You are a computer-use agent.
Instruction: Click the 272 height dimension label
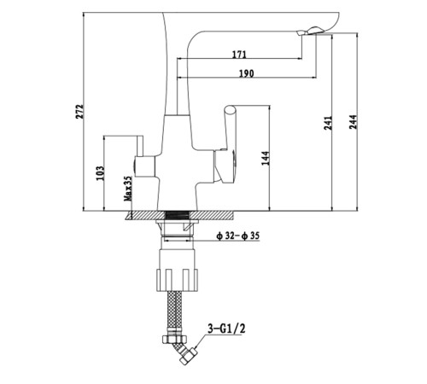click(80, 111)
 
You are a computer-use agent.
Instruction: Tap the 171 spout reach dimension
click(239, 55)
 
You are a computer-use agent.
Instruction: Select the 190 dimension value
click(246, 73)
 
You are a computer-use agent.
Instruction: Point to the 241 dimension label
click(328, 123)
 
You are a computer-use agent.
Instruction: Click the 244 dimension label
click(353, 122)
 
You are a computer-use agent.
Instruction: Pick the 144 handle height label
click(266, 158)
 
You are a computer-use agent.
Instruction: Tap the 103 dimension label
click(100, 173)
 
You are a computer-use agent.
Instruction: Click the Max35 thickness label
click(128, 189)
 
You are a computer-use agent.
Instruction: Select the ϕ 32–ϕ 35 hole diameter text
click(237, 236)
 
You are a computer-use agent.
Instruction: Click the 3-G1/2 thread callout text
click(226, 329)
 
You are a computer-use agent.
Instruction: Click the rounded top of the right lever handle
click(230, 109)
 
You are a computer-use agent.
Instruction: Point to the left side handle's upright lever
click(140, 146)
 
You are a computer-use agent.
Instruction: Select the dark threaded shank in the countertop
click(177, 215)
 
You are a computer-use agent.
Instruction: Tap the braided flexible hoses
click(175, 313)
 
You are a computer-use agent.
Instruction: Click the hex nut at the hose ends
click(175, 339)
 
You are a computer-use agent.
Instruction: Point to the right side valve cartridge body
click(225, 166)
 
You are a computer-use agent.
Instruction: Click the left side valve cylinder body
click(144, 166)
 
